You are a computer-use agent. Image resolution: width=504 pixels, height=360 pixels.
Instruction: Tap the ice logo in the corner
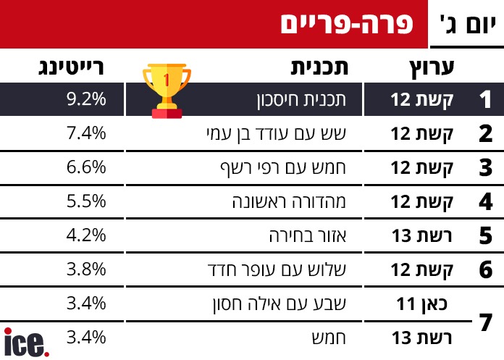[x=27, y=342]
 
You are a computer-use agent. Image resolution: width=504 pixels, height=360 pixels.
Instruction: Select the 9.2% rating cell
[x=86, y=100]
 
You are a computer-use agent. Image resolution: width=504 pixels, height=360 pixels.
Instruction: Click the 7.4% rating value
[x=86, y=133]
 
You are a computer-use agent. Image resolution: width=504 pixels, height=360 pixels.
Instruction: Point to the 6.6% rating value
[x=86, y=167]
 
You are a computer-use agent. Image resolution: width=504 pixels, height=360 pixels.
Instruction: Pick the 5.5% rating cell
[x=86, y=201]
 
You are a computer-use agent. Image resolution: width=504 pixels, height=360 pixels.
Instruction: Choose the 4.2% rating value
[x=86, y=235]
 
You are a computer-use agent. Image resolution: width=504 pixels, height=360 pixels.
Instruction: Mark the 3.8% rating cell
[x=86, y=269]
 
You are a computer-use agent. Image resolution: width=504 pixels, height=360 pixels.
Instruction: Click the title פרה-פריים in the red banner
[x=345, y=24]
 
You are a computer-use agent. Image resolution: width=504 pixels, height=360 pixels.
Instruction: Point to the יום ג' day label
[x=467, y=25]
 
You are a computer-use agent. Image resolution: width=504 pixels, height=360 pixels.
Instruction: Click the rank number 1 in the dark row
[x=486, y=100]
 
